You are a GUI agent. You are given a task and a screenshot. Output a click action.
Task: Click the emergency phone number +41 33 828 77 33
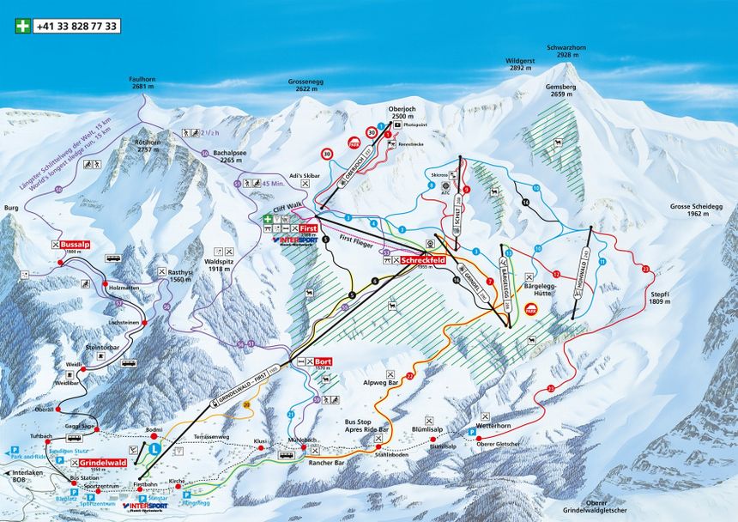click(76, 26)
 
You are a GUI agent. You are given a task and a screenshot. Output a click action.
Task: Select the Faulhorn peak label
click(142, 81)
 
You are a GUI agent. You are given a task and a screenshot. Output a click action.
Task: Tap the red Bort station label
click(323, 361)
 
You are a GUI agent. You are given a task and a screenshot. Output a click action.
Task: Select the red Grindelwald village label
click(107, 463)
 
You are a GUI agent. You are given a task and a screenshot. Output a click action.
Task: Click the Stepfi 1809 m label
click(659, 298)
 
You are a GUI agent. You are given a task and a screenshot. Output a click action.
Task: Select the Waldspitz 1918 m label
click(219, 264)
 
